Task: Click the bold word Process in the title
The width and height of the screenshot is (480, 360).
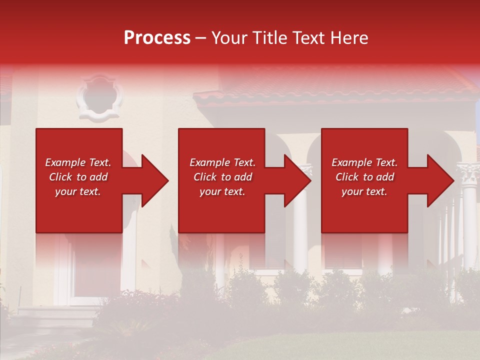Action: (x=157, y=38)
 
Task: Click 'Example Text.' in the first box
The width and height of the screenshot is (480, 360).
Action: (x=78, y=162)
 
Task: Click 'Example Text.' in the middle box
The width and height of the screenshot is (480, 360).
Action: (x=222, y=162)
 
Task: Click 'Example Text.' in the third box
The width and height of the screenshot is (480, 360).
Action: (x=364, y=162)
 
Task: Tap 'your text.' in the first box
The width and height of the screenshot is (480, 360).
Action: (x=78, y=191)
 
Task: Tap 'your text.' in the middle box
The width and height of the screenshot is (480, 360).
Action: (x=222, y=191)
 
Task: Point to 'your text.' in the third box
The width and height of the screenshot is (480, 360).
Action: (x=364, y=191)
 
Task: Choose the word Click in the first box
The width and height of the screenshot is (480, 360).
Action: (x=61, y=177)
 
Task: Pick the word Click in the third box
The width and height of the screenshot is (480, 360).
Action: (x=347, y=177)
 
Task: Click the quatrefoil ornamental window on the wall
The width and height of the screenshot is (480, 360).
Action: (x=99, y=98)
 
